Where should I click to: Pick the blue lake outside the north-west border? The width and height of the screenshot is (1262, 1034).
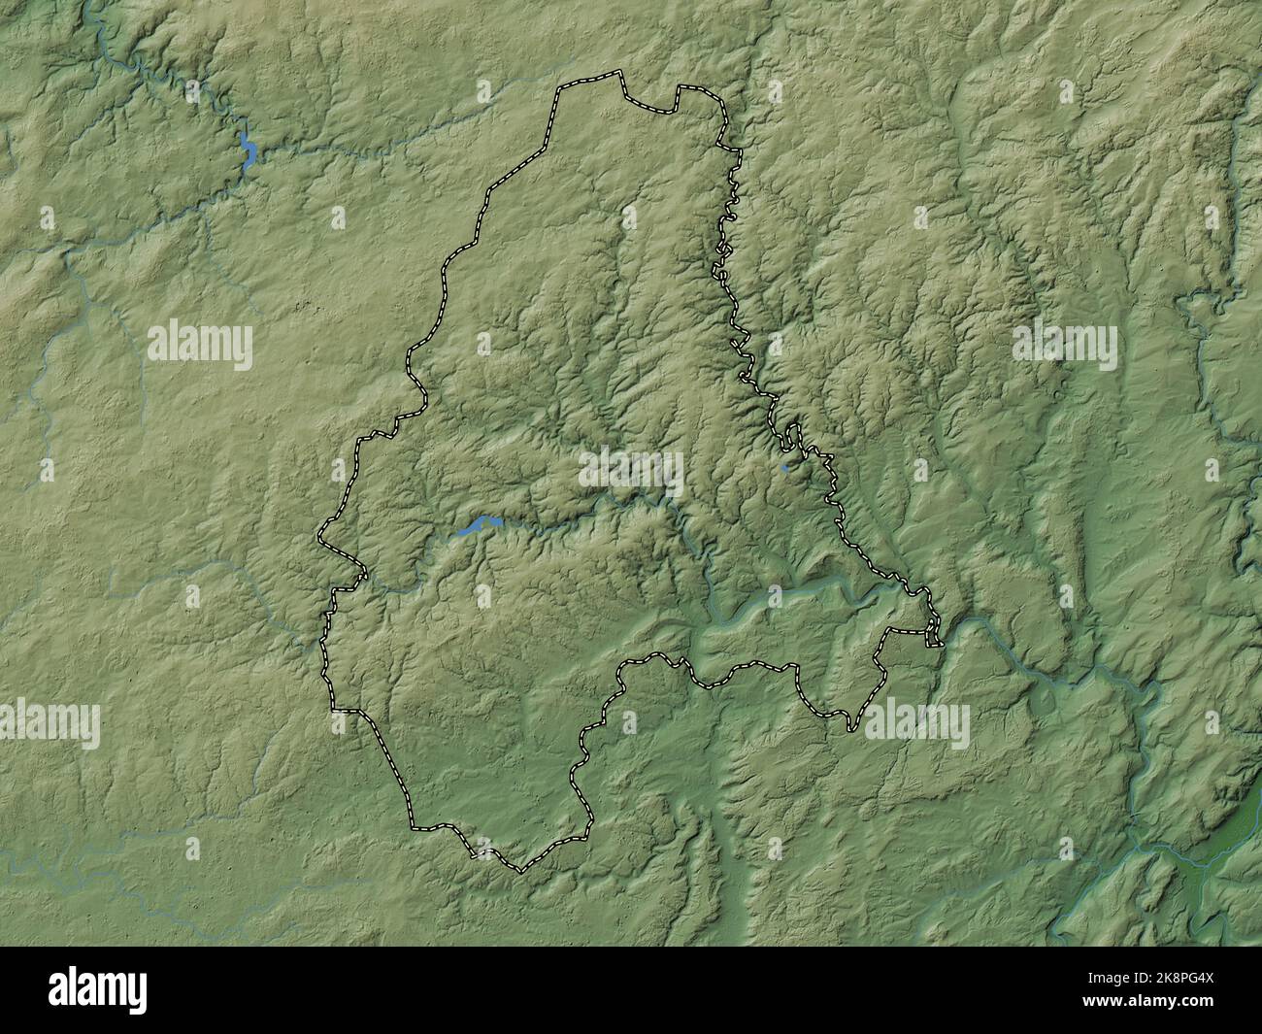click(x=249, y=151)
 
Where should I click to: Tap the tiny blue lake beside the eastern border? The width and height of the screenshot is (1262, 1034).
click(x=784, y=467)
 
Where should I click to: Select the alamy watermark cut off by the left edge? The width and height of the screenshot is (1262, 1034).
click(x=49, y=723)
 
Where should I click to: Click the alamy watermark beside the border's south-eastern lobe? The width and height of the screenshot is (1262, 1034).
click(x=916, y=723)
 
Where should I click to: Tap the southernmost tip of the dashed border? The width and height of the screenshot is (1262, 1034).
click(x=519, y=870)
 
